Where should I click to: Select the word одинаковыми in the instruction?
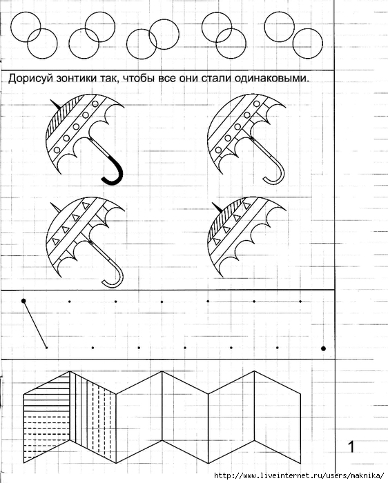coord(271,79)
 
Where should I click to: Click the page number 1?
coord(351,446)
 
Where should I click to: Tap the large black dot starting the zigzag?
coord(23,301)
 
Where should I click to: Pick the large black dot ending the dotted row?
coord(323,348)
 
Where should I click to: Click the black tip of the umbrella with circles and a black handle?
coord(55,104)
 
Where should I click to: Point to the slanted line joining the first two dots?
coord(35,324)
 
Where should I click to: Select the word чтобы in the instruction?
coord(139,79)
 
